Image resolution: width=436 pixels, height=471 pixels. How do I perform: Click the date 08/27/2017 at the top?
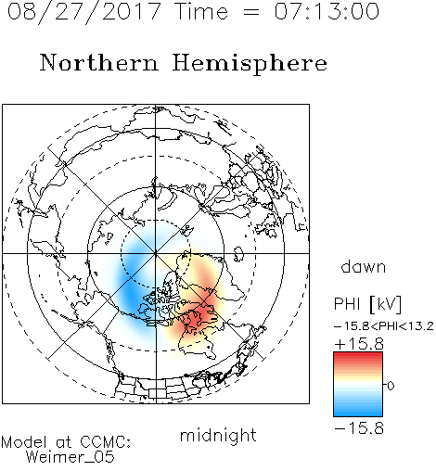click(x=84, y=12)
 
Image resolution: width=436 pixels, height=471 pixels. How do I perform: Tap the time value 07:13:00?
click(x=327, y=12)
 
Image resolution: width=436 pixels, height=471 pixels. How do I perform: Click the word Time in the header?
click(x=201, y=12)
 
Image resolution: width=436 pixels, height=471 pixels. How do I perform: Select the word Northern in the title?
click(x=99, y=62)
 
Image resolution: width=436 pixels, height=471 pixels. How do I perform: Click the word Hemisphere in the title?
click(x=250, y=64)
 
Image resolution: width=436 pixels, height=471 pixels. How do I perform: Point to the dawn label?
click(x=364, y=266)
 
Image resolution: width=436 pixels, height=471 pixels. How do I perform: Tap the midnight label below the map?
click(x=218, y=435)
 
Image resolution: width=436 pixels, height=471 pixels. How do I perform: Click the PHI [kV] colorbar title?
click(x=367, y=304)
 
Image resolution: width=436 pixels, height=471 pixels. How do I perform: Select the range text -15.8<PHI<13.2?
click(x=384, y=326)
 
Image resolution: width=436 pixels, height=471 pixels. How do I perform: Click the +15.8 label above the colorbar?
click(x=359, y=344)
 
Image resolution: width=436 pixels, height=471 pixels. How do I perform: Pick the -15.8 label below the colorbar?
click(x=359, y=428)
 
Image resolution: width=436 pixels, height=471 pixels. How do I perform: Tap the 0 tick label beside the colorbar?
click(x=391, y=386)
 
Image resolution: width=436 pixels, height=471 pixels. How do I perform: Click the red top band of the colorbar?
click(x=358, y=355)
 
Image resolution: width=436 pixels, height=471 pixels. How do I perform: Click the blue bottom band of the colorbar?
click(x=358, y=413)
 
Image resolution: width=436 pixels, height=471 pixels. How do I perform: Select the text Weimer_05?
click(x=70, y=456)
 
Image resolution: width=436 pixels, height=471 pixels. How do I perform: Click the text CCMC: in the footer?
click(x=106, y=442)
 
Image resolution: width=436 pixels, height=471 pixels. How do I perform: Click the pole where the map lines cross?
click(x=156, y=253)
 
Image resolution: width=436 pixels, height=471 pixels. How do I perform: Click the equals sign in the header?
click(x=251, y=12)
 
